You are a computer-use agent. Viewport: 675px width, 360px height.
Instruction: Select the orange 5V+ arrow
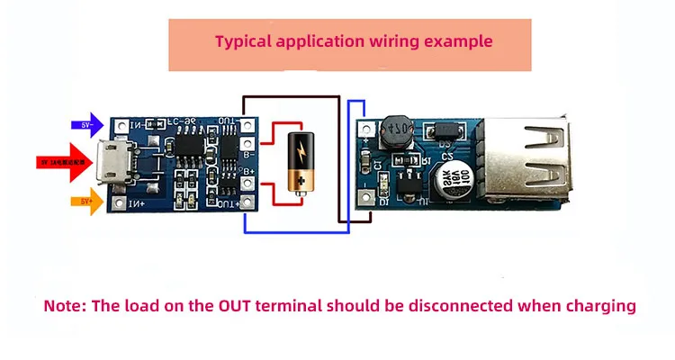[87, 201]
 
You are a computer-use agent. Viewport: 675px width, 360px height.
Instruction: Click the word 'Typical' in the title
[243, 40]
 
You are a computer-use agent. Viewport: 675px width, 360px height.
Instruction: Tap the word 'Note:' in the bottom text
[64, 305]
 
